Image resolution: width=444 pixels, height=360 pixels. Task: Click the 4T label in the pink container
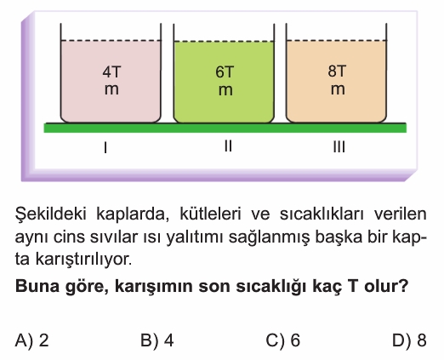(x=111, y=72)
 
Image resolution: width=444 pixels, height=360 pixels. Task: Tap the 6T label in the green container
(x=225, y=72)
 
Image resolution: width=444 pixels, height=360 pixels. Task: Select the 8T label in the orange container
(x=337, y=71)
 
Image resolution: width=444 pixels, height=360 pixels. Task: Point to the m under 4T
(x=111, y=90)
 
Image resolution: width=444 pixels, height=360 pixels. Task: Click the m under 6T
(x=225, y=90)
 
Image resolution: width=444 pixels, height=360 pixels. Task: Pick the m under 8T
(x=338, y=89)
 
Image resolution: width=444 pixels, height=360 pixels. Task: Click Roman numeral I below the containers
(x=105, y=147)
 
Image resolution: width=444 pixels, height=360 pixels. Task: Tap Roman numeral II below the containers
(x=228, y=146)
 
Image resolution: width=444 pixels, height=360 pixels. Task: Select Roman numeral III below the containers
(x=339, y=147)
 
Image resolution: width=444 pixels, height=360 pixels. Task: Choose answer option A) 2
(x=32, y=340)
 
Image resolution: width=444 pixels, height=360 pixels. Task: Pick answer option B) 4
(x=157, y=340)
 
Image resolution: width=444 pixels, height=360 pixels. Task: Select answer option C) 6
(x=283, y=340)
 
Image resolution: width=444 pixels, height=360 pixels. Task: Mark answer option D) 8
(x=409, y=340)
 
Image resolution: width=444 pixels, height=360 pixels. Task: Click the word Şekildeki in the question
(x=50, y=214)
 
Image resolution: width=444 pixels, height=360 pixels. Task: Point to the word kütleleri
(x=210, y=214)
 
